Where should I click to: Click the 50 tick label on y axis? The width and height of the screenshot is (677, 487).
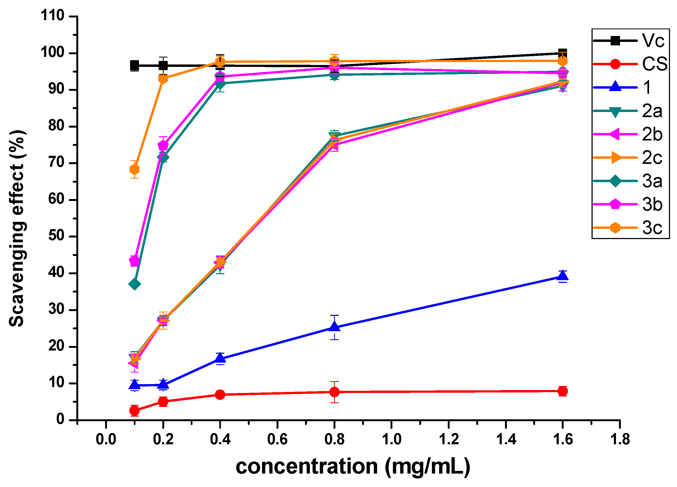click(x=56, y=236)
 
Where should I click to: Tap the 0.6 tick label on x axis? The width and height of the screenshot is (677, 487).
click(x=277, y=439)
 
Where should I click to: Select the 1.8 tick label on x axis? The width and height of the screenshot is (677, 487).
click(x=620, y=439)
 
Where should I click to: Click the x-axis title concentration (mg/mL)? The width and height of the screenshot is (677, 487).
click(x=353, y=467)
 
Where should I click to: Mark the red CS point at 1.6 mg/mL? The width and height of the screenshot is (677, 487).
click(x=563, y=391)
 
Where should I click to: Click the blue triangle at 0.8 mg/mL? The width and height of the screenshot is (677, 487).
click(x=334, y=327)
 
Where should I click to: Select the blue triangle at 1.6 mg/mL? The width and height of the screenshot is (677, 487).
click(x=563, y=276)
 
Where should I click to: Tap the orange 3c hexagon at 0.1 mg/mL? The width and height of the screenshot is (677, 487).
click(x=135, y=169)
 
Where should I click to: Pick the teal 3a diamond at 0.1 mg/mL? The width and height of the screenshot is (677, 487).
click(x=135, y=284)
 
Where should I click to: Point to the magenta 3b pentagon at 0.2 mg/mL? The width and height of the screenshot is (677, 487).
click(x=163, y=146)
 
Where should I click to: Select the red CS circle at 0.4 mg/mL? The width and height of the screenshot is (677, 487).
click(x=220, y=395)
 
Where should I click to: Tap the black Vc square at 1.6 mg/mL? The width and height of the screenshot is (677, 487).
click(x=563, y=53)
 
